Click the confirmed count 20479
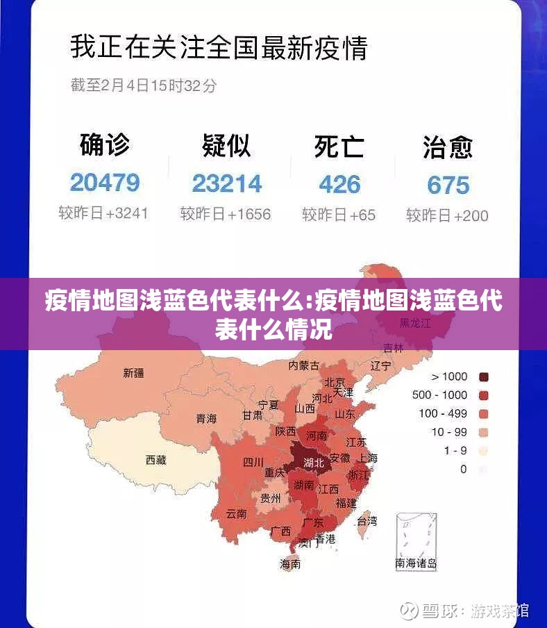click(x=105, y=183)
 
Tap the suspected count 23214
click(x=227, y=183)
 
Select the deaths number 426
click(x=339, y=184)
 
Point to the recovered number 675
click(x=448, y=185)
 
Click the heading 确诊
click(x=105, y=145)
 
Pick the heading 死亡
click(x=339, y=146)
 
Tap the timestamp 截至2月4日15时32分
click(x=143, y=85)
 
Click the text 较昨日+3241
click(x=103, y=213)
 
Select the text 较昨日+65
click(x=339, y=215)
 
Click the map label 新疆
click(x=134, y=373)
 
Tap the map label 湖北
click(x=314, y=462)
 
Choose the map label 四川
click(x=253, y=462)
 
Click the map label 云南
click(x=236, y=515)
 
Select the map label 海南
click(x=290, y=564)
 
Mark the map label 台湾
click(x=367, y=520)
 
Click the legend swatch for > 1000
click(x=484, y=377)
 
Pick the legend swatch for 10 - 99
click(x=484, y=432)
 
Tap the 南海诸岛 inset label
click(x=416, y=563)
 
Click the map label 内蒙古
click(x=304, y=365)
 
